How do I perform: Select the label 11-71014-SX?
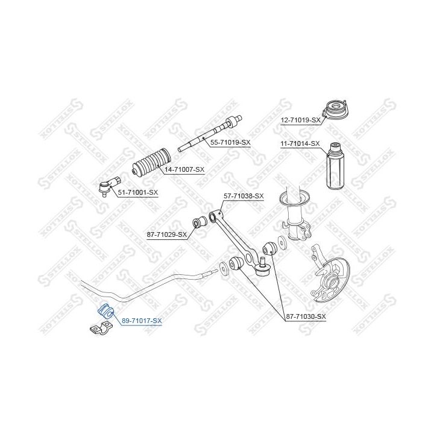(x=300, y=143)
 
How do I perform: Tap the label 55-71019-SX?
(x=230, y=142)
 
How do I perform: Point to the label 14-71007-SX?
(x=184, y=171)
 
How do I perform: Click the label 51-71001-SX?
(x=137, y=193)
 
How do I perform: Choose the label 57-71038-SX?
(x=244, y=196)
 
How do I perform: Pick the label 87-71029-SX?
(x=167, y=233)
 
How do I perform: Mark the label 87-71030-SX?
(x=305, y=316)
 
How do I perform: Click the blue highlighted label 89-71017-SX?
(x=142, y=320)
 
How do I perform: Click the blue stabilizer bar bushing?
(x=105, y=310)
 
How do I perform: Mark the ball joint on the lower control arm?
(x=262, y=269)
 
